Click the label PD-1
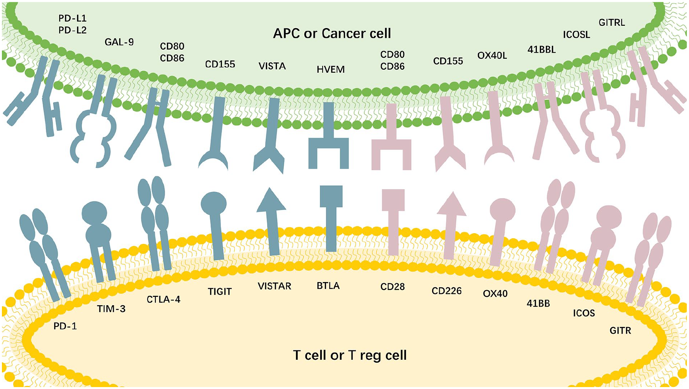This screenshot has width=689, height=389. click(65, 326)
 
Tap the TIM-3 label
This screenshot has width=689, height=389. click(111, 309)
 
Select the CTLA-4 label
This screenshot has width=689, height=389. click(164, 300)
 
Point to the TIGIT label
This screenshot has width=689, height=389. click(220, 292)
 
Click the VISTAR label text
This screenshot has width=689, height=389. click(274, 286)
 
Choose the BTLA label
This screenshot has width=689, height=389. click(328, 285)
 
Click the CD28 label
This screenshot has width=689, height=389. click(393, 287)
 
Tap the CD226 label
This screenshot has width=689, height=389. click(447, 291)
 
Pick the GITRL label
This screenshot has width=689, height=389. click(612, 23)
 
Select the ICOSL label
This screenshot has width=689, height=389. click(576, 35)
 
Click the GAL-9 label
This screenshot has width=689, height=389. click(119, 42)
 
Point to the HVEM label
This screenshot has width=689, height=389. click(330, 70)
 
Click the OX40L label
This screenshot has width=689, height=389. click(492, 56)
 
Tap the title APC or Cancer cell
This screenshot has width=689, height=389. click(332, 33)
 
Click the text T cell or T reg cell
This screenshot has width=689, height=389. click(350, 355)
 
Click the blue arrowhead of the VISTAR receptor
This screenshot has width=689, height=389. click(271, 199)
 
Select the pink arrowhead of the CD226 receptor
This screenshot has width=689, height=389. click(451, 204)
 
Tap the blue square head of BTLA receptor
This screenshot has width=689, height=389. click(331, 196)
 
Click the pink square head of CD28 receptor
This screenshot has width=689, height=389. click(393, 200)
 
